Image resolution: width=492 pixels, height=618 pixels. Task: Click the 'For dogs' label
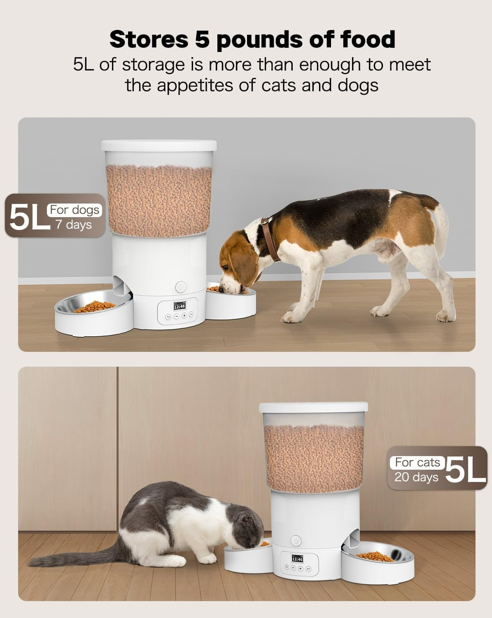pyautogui.click(x=75, y=210)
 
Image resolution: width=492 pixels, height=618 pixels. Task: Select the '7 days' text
pyautogui.click(x=74, y=225)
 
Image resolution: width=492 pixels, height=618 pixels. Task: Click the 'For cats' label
pyautogui.click(x=417, y=462)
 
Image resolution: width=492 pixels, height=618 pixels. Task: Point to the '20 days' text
pyautogui.click(x=416, y=477)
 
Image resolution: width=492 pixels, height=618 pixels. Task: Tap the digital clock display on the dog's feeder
pyautogui.click(x=180, y=306)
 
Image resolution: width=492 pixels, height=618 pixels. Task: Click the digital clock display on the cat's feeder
pyautogui.click(x=297, y=559)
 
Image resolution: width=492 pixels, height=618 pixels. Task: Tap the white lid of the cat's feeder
pyautogui.click(x=313, y=406)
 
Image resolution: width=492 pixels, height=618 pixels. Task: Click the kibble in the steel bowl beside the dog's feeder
pyautogui.click(x=95, y=307)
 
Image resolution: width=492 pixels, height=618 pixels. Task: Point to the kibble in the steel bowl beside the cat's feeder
pyautogui.click(x=375, y=557)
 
